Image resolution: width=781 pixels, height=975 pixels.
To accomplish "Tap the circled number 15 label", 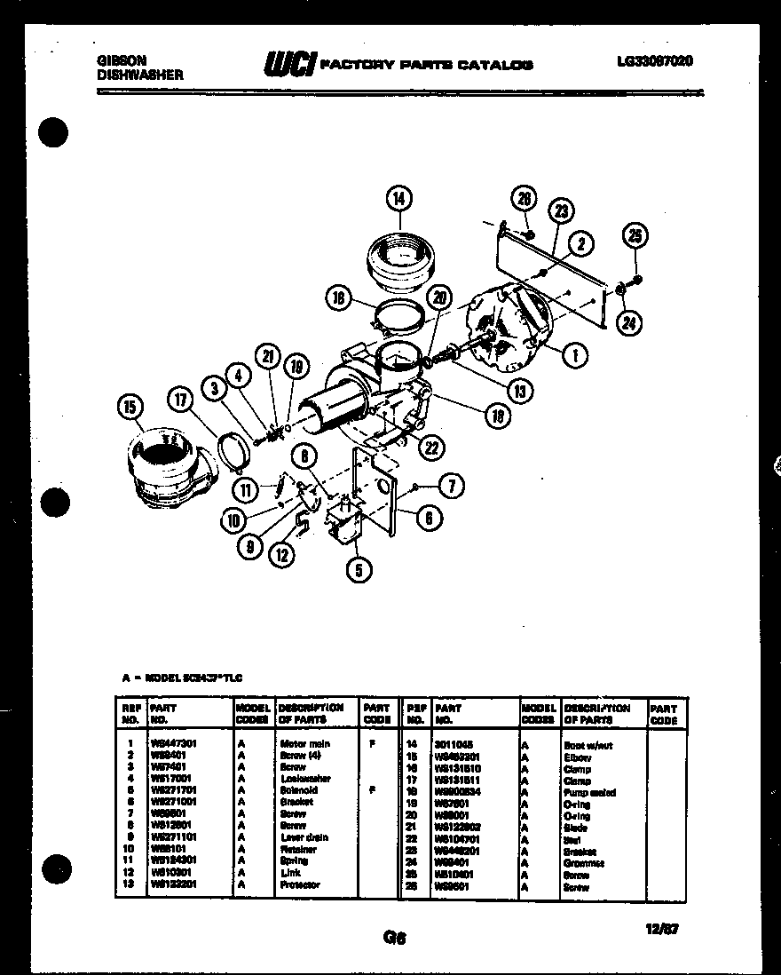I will [x=130, y=408].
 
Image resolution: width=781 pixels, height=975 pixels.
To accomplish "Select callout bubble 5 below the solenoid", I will [x=359, y=569].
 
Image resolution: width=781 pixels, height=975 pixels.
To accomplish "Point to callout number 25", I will [x=635, y=236].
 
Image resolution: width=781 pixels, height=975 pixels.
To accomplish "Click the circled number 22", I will [x=431, y=448].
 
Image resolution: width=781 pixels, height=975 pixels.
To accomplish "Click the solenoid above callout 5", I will [x=348, y=521].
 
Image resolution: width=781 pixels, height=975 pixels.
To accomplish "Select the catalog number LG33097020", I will [x=654, y=61].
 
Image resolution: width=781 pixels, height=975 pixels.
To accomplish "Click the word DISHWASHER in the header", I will [x=139, y=75].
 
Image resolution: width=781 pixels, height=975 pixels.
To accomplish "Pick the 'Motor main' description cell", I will [x=304, y=744].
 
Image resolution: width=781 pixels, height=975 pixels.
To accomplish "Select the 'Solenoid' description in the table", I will [x=298, y=790].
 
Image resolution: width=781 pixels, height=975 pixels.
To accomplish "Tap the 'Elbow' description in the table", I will [x=577, y=757].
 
